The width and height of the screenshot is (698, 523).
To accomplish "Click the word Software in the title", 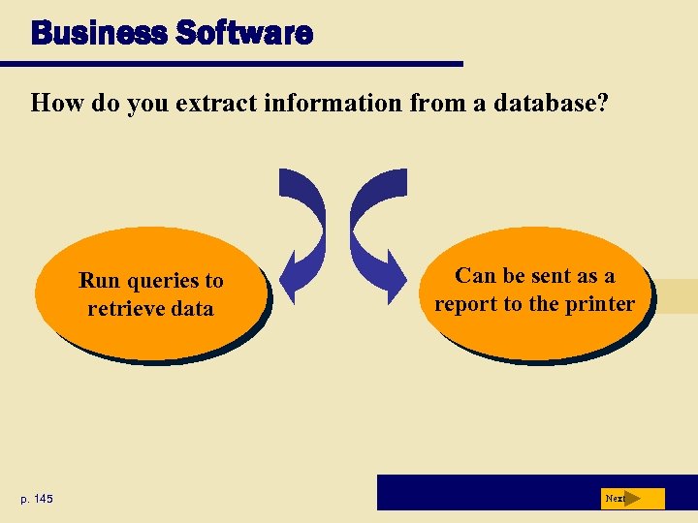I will coord(244,35).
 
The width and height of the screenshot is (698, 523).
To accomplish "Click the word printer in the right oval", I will coord(599,304).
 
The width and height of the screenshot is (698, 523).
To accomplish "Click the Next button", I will coord(632,499).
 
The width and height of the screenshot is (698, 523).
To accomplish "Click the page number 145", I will coord(42,499).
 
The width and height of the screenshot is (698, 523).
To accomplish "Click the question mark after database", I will coord(603,103).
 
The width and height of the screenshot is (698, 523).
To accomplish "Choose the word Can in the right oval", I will coord(476,276).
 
